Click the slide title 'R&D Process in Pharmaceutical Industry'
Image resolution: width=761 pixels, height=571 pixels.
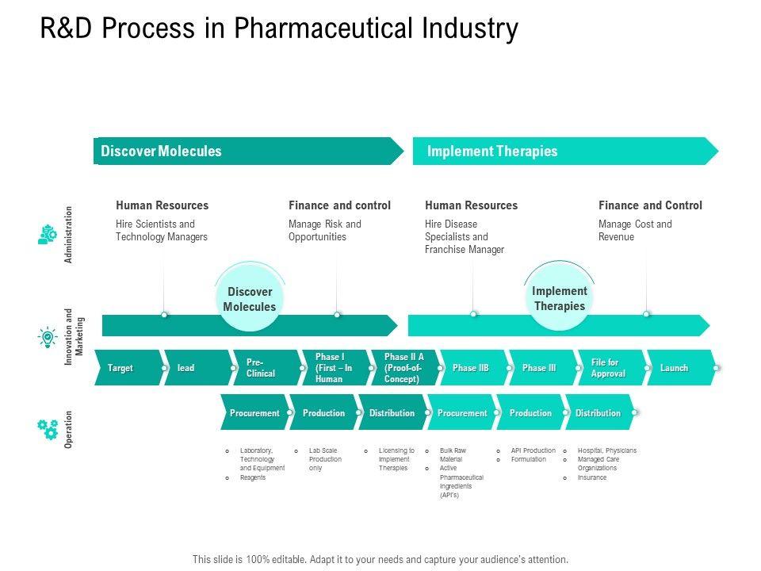279,29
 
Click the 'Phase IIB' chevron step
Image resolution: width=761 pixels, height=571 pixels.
471,368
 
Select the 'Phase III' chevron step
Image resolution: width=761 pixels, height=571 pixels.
539,368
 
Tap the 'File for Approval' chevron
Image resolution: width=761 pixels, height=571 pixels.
609,368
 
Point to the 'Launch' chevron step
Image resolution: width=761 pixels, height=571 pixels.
675,368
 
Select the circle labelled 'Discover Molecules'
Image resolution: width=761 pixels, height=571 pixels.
249,300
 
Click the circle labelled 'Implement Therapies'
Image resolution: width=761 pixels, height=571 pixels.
559,299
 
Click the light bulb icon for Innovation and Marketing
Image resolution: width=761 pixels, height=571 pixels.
48,337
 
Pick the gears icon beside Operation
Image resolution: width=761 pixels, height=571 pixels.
48,429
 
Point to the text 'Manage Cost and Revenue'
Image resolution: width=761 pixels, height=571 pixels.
635,230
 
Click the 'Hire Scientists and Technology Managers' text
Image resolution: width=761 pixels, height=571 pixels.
161,230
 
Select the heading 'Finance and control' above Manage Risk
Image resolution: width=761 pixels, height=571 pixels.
339,205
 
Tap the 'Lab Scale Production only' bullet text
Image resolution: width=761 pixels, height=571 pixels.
325,459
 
